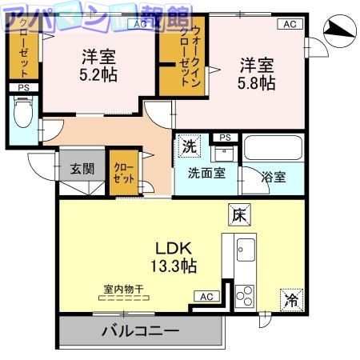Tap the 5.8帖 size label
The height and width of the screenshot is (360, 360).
pos(255,82)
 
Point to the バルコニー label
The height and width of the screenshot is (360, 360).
pos(139,330)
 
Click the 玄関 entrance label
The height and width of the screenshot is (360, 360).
pos(81,169)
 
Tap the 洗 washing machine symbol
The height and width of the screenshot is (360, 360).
pos(190,146)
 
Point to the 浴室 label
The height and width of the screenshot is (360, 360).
pos(274,177)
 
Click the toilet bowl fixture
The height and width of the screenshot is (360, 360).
pos(23,117)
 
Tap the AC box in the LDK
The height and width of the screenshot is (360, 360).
pos(206,297)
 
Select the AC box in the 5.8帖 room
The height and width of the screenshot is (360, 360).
pos(289,24)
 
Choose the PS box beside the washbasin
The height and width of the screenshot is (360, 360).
pos(225,138)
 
